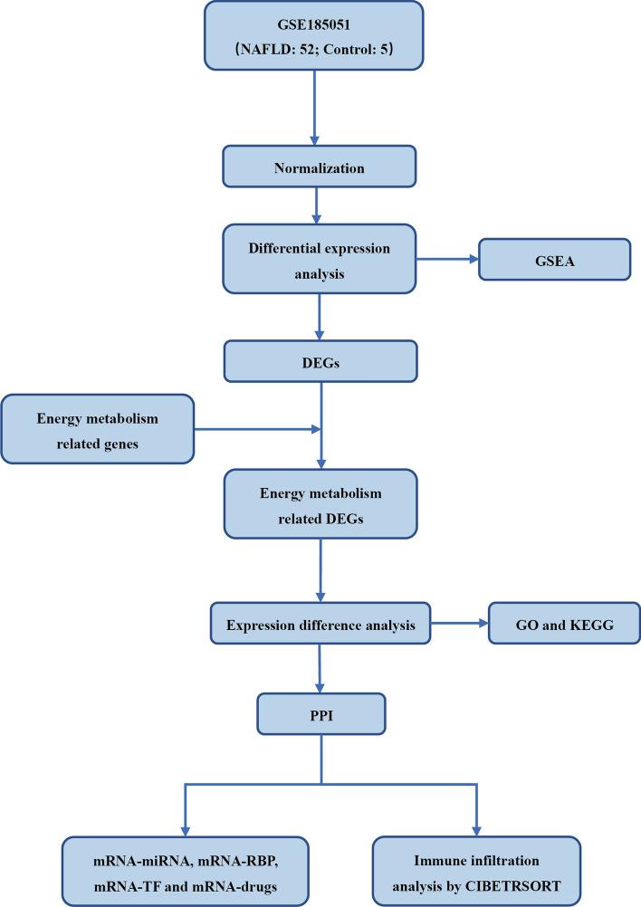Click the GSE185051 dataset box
tap(313, 34)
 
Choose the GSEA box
tap(554, 259)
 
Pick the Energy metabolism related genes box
tap(97, 428)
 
